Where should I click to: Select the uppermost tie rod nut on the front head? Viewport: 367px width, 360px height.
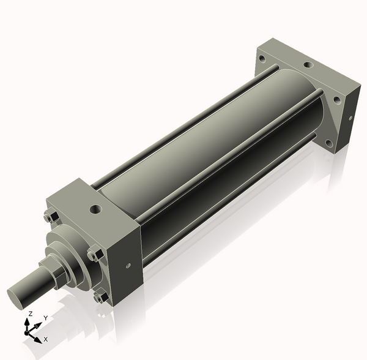tap(51, 217)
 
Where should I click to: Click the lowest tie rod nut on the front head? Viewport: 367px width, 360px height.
tap(101, 297)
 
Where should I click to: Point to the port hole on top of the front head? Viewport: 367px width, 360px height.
tap(96, 208)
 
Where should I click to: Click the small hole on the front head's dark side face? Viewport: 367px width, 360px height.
tap(128, 266)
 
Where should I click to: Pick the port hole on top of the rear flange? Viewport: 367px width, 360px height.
tap(308, 65)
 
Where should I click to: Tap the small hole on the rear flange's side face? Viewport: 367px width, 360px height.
tap(350, 118)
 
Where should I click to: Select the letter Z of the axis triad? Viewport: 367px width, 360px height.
tap(30, 313)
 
